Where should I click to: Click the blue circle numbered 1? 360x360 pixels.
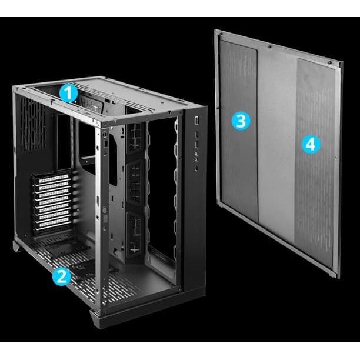coord(69,93)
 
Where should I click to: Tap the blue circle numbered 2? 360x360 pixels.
coord(62,276)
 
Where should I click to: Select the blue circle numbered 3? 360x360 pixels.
coord(241,121)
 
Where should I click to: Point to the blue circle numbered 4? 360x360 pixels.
coord(311,145)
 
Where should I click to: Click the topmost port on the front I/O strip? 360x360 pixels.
coord(196,121)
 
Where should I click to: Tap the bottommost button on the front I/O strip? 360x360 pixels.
coord(196,169)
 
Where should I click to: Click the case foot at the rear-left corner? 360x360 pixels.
coord(18,246)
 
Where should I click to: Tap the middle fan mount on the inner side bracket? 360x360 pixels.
coord(135,182)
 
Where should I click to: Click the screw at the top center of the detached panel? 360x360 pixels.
coord(269,47)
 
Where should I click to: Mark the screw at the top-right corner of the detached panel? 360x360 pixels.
coord(329,62)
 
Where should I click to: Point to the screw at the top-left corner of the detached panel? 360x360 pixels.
coord(220,34)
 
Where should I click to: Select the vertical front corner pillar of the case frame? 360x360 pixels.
coord(98,214)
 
